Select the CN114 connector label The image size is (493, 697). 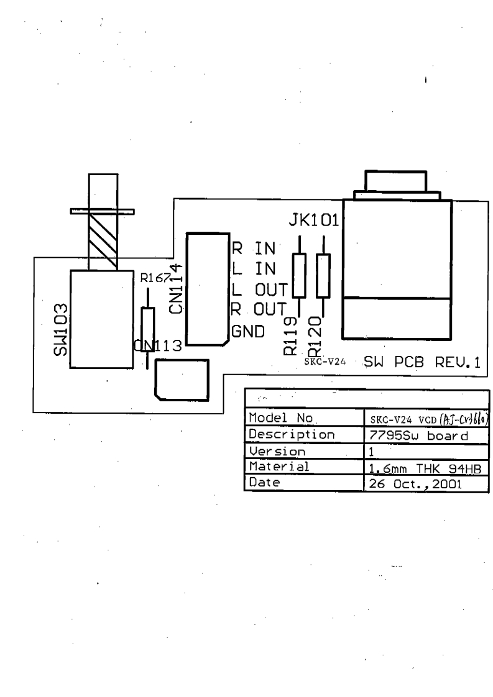click(x=175, y=289)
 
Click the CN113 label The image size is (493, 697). click(x=157, y=345)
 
